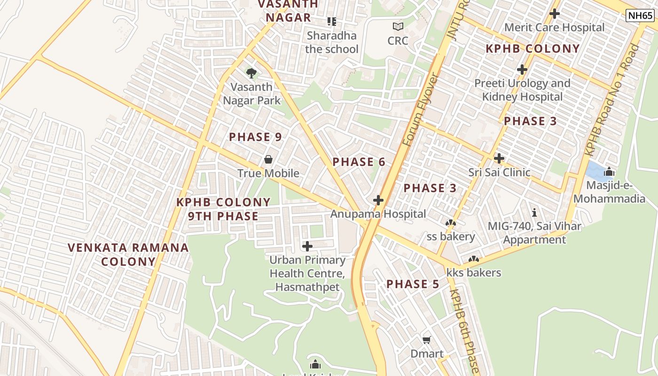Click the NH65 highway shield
click(640, 16)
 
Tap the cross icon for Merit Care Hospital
click(555, 14)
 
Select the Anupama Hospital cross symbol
click(378, 201)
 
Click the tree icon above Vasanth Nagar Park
click(251, 73)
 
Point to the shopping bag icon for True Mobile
click(268, 159)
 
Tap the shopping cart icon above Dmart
click(427, 340)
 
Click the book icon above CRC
click(398, 27)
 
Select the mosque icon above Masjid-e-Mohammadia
click(610, 172)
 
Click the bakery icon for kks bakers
click(473, 259)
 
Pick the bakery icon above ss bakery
click(450, 223)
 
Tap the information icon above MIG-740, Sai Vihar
click(534, 212)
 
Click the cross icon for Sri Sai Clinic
click(499, 158)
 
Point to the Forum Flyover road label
click(420, 109)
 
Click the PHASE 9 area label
click(255, 137)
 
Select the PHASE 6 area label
click(359, 162)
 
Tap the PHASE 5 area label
click(413, 284)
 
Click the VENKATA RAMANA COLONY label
click(128, 254)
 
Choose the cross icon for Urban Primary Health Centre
click(307, 246)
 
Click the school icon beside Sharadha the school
click(332, 22)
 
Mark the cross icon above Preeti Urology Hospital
click(522, 70)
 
